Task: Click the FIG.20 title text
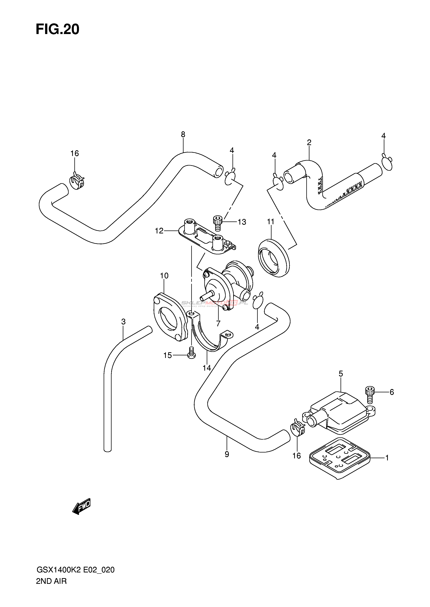pyautogui.click(x=57, y=29)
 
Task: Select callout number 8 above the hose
pyautogui.click(x=183, y=134)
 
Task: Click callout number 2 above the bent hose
pyautogui.click(x=309, y=142)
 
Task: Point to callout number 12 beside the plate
pyautogui.click(x=159, y=231)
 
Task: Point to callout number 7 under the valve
pyautogui.click(x=218, y=323)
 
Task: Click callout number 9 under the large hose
pyautogui.click(x=227, y=454)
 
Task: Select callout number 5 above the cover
pyautogui.click(x=341, y=374)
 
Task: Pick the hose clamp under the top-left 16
pyautogui.click(x=77, y=181)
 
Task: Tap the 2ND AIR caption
pyautogui.click(x=51, y=581)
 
